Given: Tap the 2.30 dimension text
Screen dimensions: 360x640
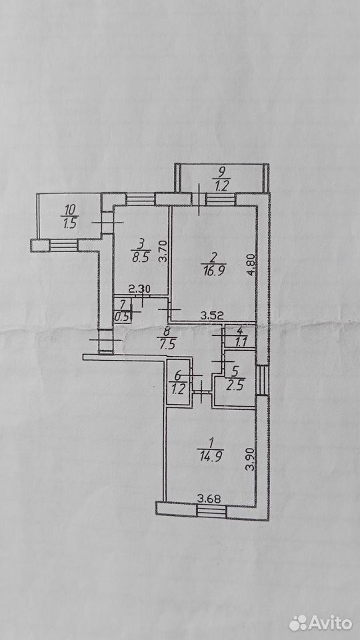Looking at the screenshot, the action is point(139,289).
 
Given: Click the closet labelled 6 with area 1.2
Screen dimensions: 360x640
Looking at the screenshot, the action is point(179,383).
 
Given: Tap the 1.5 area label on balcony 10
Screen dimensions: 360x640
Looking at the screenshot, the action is point(69,225).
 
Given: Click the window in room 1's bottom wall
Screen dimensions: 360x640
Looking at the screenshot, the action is point(211,511).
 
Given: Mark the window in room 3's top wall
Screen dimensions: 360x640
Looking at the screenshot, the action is point(141,199).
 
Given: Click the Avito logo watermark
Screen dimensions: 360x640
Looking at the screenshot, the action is point(321,623).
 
